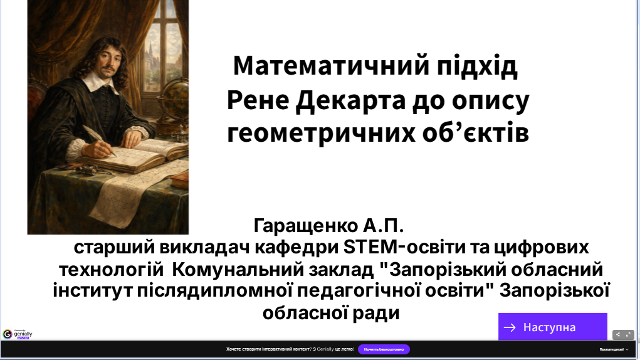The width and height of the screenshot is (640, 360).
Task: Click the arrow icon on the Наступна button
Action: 510,327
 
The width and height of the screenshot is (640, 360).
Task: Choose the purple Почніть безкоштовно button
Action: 384,349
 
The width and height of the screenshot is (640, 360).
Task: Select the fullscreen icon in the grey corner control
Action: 628,334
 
